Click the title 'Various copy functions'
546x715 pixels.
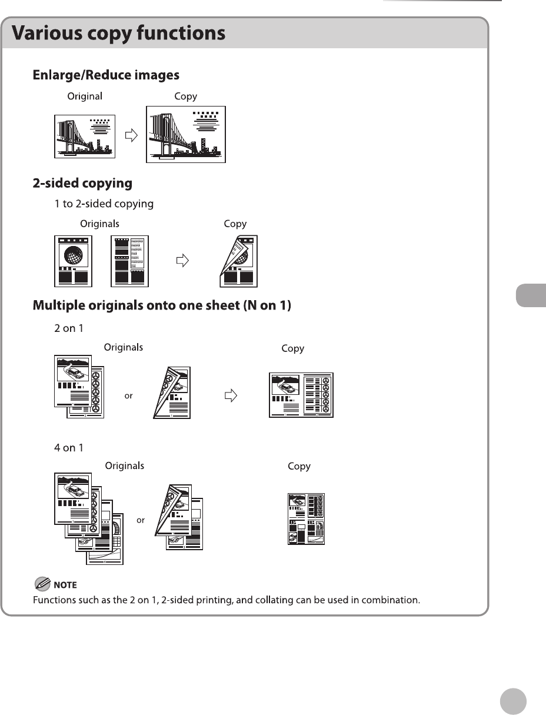(119, 33)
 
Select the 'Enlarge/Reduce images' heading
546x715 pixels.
(106, 75)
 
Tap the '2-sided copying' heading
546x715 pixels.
(82, 183)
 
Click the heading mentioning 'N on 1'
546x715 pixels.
(162, 306)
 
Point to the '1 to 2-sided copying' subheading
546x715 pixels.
(104, 204)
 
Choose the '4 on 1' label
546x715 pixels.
(69, 448)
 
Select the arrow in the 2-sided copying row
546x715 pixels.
(184, 261)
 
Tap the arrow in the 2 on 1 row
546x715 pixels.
(231, 395)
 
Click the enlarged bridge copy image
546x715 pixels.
(186, 134)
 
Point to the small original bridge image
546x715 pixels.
(85, 136)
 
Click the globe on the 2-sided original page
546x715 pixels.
(74, 255)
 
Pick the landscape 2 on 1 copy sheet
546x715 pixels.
(301, 395)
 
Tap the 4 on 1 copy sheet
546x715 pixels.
(306, 518)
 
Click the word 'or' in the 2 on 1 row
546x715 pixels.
(128, 396)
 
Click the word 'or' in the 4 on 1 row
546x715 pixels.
(141, 520)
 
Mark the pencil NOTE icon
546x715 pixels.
(42, 584)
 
